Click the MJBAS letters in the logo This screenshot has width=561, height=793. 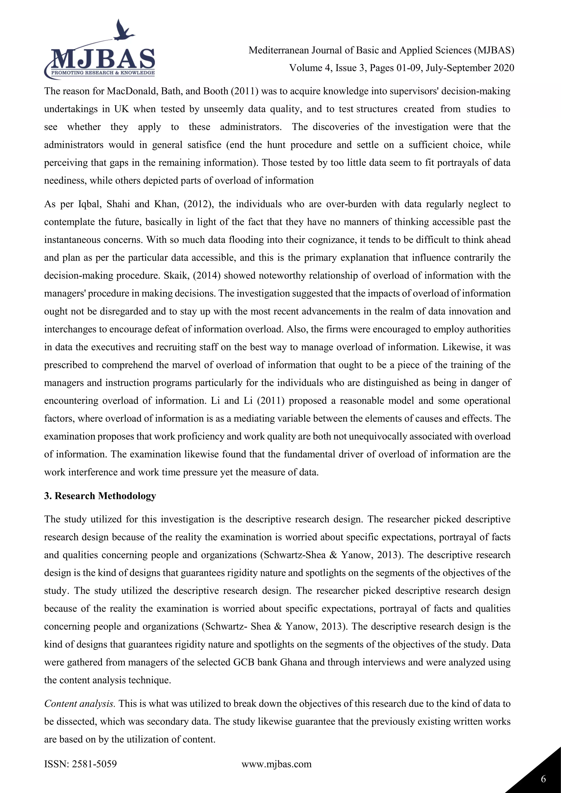click(x=103, y=59)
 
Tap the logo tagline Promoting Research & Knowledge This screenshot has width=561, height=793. click(x=103, y=73)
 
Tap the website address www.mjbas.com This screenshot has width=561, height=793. click(x=276, y=764)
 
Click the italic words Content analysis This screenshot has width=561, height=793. click(x=79, y=703)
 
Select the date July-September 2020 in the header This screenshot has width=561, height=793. click(x=470, y=68)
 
